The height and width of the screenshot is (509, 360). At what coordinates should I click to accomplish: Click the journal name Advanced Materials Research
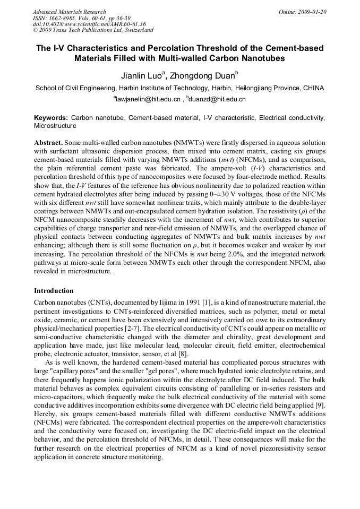coord(69,12)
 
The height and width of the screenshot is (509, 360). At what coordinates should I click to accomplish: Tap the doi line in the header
coord(89,24)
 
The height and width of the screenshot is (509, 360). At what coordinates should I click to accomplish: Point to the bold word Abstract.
coord(48,143)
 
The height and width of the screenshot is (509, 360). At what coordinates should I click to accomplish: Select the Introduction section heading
coord(54,291)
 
